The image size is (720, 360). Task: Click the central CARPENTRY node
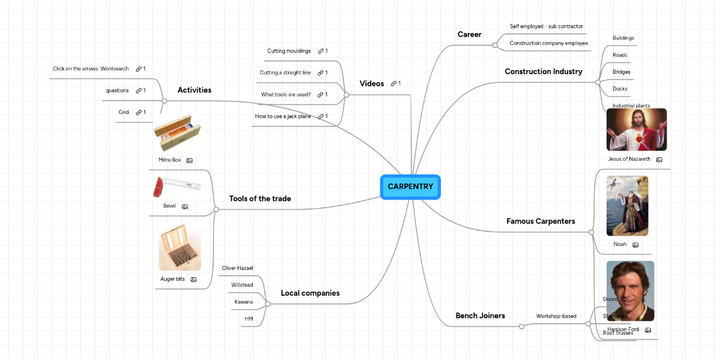click(410, 187)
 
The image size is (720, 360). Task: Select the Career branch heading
click(469, 35)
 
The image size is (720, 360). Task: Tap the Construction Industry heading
click(543, 71)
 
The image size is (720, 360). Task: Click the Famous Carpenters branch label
click(541, 221)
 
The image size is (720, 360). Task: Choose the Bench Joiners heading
click(480, 316)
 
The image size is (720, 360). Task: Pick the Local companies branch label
click(310, 293)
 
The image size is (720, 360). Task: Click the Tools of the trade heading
click(260, 199)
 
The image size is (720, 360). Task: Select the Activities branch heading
click(194, 90)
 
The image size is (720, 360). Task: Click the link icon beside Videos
click(394, 83)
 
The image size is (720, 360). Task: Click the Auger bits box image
click(180, 247)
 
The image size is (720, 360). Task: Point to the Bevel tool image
click(175, 187)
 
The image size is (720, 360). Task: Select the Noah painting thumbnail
click(627, 206)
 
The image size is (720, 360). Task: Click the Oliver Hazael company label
click(238, 268)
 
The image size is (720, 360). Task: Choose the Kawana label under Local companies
click(243, 302)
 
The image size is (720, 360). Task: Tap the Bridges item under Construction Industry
click(621, 72)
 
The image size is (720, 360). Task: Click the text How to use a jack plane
click(283, 116)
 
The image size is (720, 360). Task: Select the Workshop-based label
click(556, 316)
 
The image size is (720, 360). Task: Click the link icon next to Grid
click(138, 112)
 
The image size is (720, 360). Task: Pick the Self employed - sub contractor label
click(546, 26)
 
